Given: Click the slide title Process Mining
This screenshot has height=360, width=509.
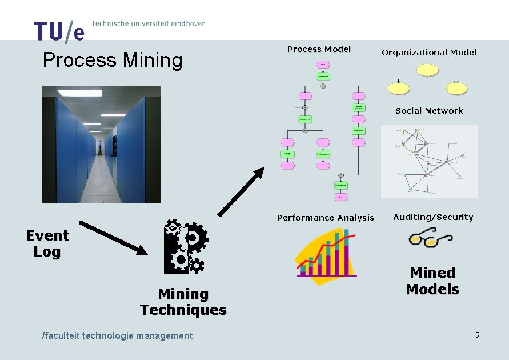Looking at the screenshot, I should (113, 60).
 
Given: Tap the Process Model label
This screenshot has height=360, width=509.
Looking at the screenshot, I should (319, 49).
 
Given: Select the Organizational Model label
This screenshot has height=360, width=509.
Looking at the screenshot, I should (428, 53).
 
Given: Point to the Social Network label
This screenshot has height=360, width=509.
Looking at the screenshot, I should (429, 111).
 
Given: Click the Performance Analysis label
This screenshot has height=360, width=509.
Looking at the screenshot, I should (325, 218).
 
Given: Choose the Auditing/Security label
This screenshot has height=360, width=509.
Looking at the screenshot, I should (433, 217).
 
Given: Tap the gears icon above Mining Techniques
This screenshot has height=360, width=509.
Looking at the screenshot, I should (185, 246).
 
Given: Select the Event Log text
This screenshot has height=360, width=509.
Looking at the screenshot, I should (47, 243).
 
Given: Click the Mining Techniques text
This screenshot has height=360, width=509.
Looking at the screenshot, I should (183, 302).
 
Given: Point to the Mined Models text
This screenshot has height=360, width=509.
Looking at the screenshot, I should (432, 281).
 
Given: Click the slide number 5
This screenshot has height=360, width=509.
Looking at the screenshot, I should (476, 335).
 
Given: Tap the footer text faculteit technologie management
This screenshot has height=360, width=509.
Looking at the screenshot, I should (118, 335).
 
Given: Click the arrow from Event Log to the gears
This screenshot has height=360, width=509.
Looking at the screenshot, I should (113, 238).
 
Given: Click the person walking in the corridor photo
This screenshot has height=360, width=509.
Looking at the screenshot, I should (101, 147).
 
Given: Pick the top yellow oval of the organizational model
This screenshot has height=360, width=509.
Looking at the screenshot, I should (427, 70).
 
